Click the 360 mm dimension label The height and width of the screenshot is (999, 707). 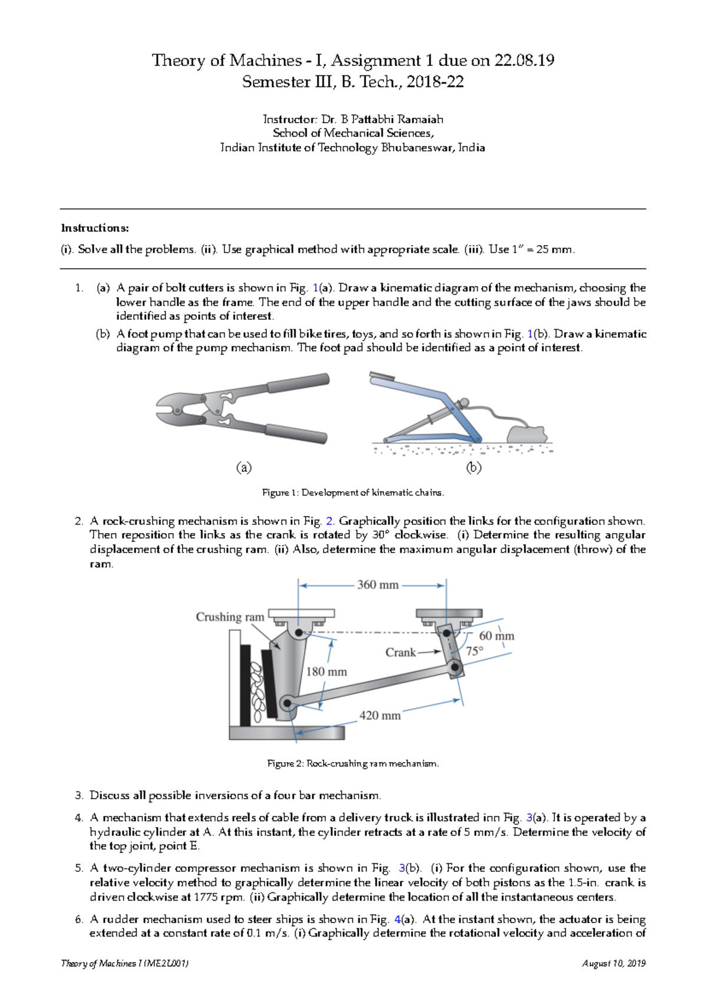point(378,585)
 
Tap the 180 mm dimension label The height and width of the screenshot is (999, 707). point(326,671)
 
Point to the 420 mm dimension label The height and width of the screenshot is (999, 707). point(380,715)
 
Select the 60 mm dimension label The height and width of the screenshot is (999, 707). point(497,636)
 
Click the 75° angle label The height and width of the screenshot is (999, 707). point(474,651)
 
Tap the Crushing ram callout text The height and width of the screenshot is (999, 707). point(230,617)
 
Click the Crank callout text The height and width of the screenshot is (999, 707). point(401,652)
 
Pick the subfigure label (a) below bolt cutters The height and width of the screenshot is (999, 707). point(244,468)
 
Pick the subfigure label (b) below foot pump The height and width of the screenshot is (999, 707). point(474,468)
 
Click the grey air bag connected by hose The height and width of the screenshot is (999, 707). point(527,434)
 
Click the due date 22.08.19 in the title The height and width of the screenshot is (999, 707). point(524,60)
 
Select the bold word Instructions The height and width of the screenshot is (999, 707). point(95,228)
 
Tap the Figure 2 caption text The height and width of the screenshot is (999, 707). point(353,763)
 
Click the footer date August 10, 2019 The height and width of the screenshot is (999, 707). point(613,964)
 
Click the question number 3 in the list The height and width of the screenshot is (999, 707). point(79,795)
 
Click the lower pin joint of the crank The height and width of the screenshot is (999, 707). point(455,667)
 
